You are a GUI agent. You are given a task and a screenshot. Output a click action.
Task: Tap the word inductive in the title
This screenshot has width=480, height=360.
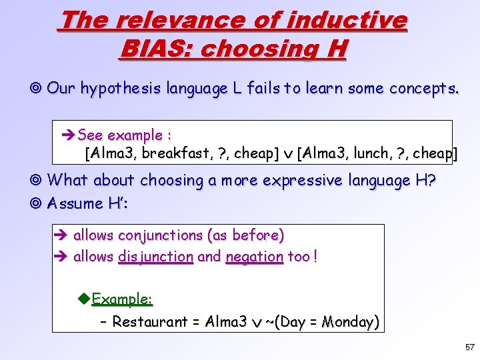coord(346,20)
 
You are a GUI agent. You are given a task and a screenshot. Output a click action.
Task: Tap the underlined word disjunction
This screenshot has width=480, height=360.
coord(155,257)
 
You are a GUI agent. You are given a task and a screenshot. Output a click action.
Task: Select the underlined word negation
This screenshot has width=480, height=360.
coord(255,257)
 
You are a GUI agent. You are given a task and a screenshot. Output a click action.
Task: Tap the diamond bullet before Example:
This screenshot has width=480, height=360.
coord(84,298)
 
